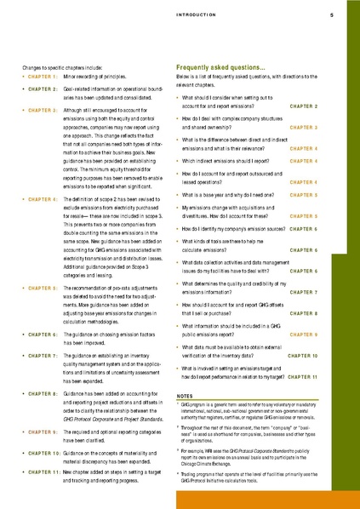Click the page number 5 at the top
[x=330, y=14]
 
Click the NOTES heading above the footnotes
[x=186, y=397]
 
